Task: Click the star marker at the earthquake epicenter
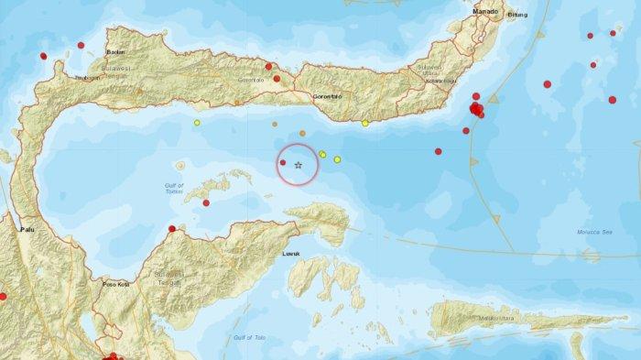click(x=299, y=164)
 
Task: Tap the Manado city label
click(x=485, y=11)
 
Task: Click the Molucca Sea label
click(x=591, y=235)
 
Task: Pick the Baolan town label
click(x=115, y=53)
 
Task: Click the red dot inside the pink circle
click(x=283, y=163)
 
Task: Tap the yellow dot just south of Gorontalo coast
click(x=365, y=123)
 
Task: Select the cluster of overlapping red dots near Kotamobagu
click(x=476, y=110)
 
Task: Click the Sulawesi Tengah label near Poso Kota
click(x=169, y=278)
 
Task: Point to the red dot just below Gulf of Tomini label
click(x=206, y=202)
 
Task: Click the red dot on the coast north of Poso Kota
click(x=172, y=229)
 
